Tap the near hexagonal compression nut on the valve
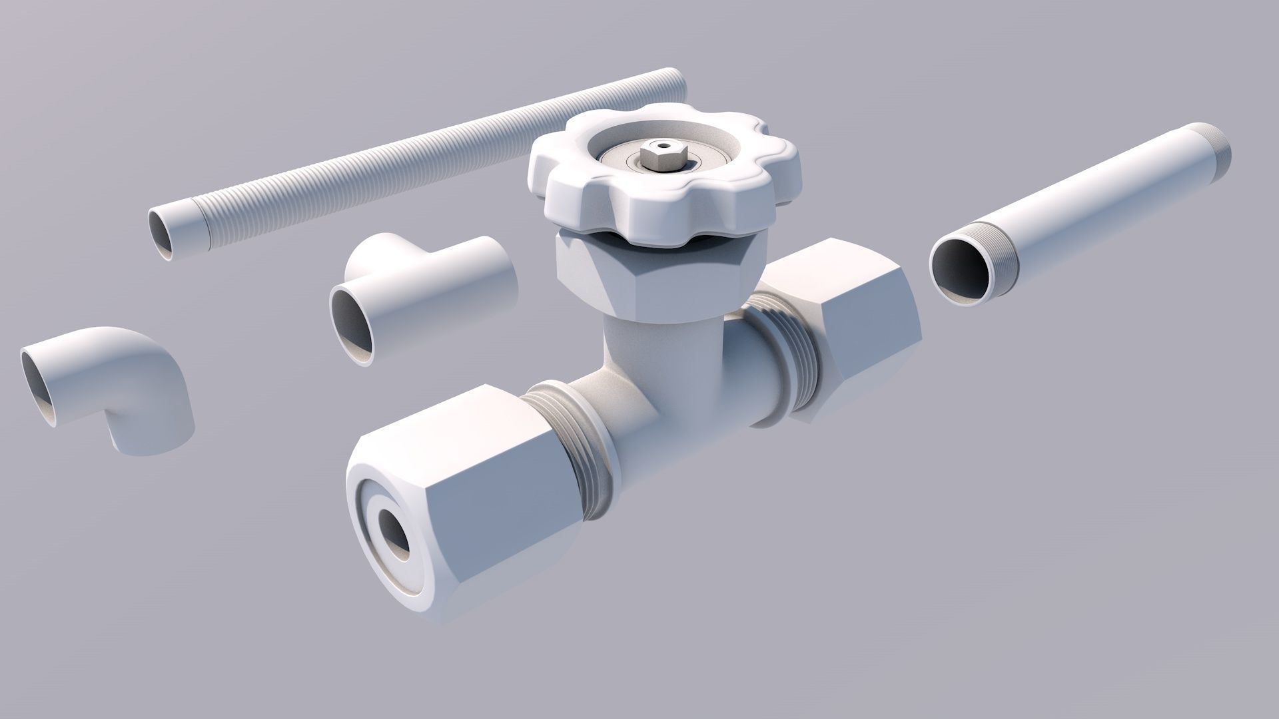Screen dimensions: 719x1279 click(466, 493)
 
